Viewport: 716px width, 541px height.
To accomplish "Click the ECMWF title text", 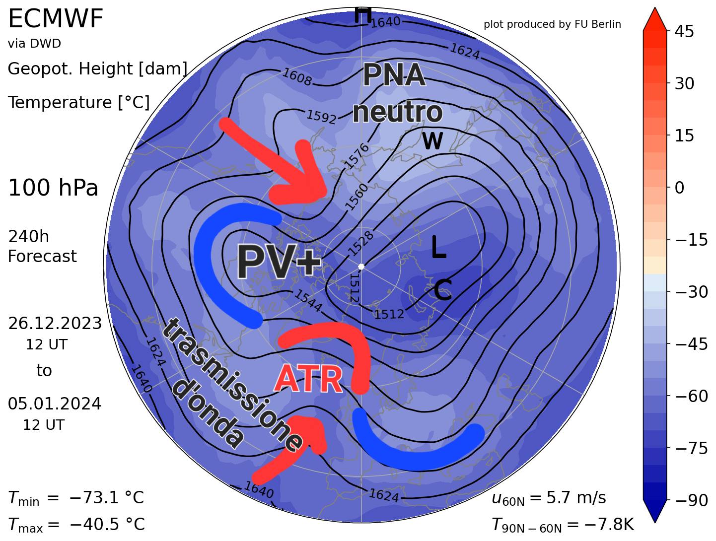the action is (56, 20).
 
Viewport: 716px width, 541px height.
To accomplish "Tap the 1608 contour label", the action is (297, 77).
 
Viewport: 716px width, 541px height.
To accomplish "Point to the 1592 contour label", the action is (321, 117).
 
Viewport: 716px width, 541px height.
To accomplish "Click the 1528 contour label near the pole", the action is (361, 243).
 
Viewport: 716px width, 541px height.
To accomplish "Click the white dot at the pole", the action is (361, 267).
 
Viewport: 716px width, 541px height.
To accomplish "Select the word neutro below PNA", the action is (397, 112).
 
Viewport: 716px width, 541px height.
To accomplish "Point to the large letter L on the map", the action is (438, 247).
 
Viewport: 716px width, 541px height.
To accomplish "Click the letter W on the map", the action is (432, 141).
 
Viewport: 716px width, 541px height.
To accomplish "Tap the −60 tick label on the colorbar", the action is (691, 396).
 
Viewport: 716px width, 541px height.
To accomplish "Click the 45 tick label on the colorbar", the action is (684, 32).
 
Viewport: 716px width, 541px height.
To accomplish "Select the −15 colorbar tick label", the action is (691, 240).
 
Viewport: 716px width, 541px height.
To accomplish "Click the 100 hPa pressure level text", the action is (53, 189).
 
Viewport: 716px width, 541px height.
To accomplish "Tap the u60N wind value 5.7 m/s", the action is (576, 497).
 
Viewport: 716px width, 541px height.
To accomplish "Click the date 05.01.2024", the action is (55, 404).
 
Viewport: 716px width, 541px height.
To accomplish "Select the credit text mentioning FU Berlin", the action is (552, 24).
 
